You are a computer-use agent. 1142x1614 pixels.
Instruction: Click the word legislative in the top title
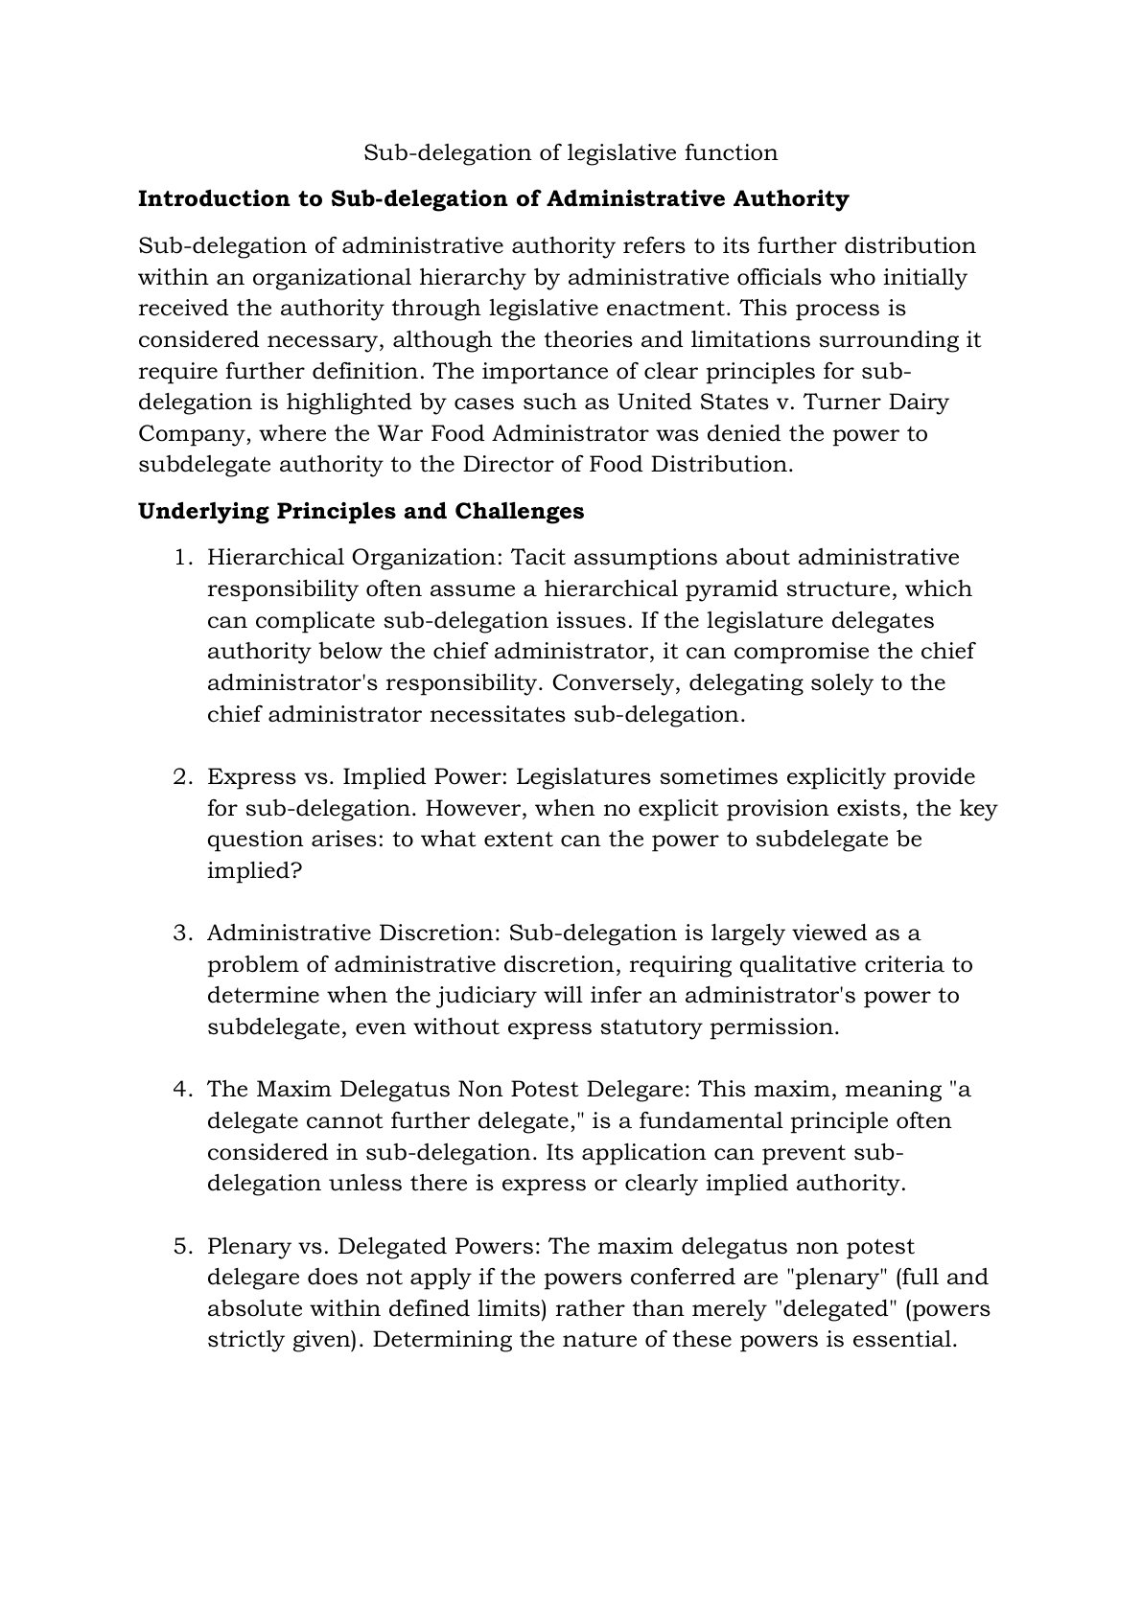[619, 152]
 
